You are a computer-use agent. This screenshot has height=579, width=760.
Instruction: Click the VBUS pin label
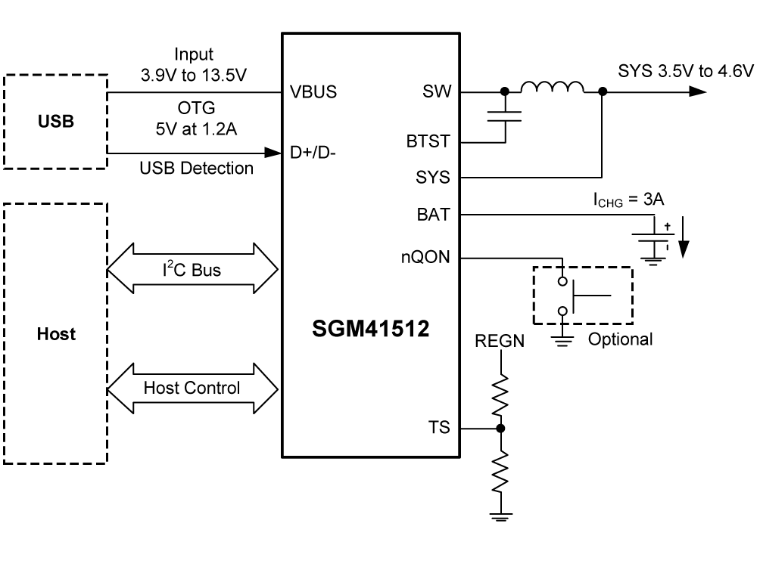pyautogui.click(x=313, y=93)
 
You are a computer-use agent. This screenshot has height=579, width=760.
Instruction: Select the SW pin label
pyautogui.click(x=438, y=93)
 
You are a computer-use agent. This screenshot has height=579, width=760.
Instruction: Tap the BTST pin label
pyautogui.click(x=428, y=141)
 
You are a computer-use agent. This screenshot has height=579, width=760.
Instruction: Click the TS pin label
pyautogui.click(x=439, y=428)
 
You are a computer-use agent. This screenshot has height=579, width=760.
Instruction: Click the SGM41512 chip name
pyautogui.click(x=371, y=330)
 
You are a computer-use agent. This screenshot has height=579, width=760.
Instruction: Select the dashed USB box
pyautogui.click(x=55, y=121)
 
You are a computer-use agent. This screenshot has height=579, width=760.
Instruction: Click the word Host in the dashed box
pyautogui.click(x=55, y=333)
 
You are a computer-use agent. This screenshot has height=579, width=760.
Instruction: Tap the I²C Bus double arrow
pyautogui.click(x=192, y=268)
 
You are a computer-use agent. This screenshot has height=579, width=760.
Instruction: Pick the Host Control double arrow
pyautogui.click(x=192, y=388)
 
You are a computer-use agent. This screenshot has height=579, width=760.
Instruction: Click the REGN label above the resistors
pyautogui.click(x=500, y=342)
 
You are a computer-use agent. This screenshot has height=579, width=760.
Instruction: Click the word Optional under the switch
pyautogui.click(x=620, y=339)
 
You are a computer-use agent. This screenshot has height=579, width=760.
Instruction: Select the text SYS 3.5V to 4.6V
pyautogui.click(x=686, y=72)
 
